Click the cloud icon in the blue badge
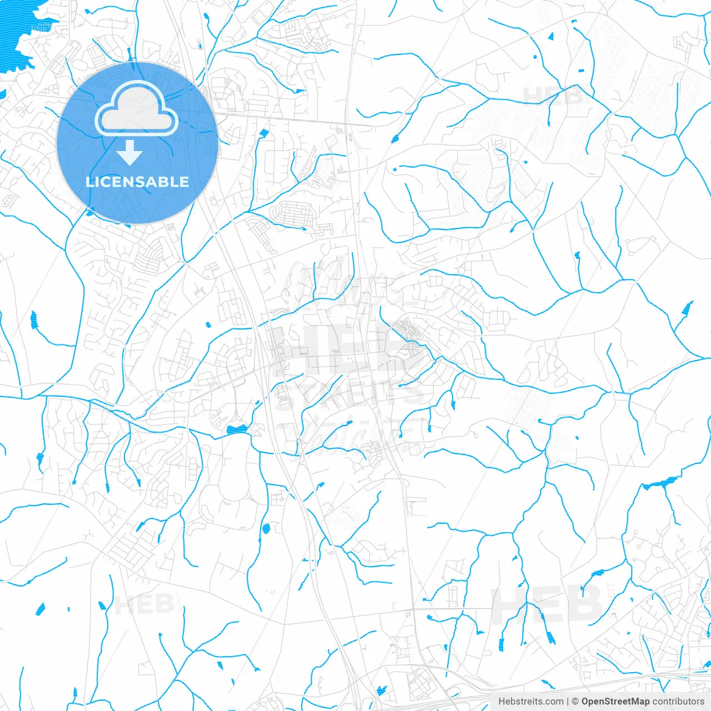[x=136, y=108]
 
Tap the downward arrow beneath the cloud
[x=129, y=153]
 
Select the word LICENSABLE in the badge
[x=137, y=182]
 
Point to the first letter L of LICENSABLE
[x=89, y=182]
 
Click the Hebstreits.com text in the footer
[x=530, y=702]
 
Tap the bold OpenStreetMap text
[x=615, y=702]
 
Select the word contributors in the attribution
[x=678, y=702]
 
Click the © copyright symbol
[x=575, y=702]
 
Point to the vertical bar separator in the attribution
[x=568, y=702]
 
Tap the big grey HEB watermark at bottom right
[x=547, y=605]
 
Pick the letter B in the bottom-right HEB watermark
[x=583, y=605]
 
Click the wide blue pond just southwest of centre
[x=237, y=429]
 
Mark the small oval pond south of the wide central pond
[x=266, y=528]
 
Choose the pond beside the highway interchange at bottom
[x=381, y=690]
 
